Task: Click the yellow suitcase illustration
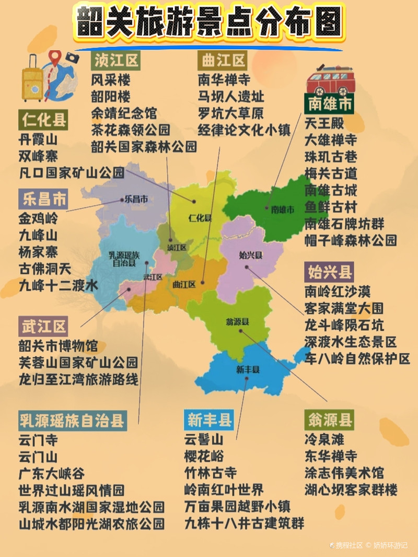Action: [32, 78]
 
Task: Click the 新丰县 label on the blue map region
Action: [248, 369]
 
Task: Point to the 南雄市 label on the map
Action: [283, 209]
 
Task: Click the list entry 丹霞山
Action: [38, 140]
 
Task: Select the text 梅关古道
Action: [331, 173]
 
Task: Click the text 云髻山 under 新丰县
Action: [204, 439]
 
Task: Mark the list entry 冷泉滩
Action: [324, 439]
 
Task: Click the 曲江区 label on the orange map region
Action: [184, 285]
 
